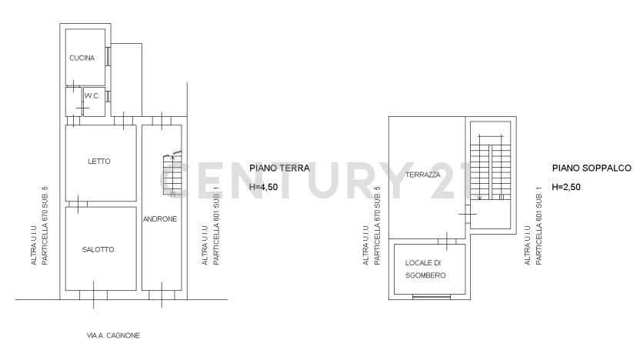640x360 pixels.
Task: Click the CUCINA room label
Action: pos(82,58)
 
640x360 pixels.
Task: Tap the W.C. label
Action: pos(92,96)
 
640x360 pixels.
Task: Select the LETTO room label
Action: pos(99,162)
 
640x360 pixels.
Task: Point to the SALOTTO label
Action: pos(98,249)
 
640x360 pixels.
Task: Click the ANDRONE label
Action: pos(160,219)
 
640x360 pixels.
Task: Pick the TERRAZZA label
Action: pos(423,175)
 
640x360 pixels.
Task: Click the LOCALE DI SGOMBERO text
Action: pos(425,269)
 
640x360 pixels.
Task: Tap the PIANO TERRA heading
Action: pos(279,168)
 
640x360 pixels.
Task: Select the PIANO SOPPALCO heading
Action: pos(592,168)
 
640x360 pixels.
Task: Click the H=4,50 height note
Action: pos(264,187)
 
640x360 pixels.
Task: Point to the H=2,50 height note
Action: pos(566,187)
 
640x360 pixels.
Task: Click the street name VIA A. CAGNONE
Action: pos(114,335)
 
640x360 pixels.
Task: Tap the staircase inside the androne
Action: pos(172,174)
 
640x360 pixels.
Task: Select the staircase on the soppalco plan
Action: pos(491,168)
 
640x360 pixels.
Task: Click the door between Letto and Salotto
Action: pos(78,204)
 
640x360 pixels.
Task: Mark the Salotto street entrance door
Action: pos(94,295)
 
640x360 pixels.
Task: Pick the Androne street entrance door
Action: pos(162,295)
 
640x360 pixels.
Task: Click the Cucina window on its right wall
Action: pos(108,56)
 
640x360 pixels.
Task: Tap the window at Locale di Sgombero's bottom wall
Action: pos(432,297)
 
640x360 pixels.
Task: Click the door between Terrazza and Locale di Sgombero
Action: pos(447,242)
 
